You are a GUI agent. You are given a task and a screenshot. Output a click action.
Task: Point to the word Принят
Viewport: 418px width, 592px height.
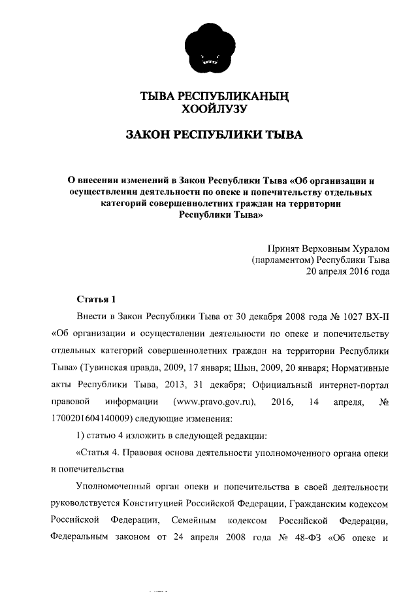click(281, 249)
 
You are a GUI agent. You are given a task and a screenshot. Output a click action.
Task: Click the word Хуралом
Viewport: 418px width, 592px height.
click(368, 249)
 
